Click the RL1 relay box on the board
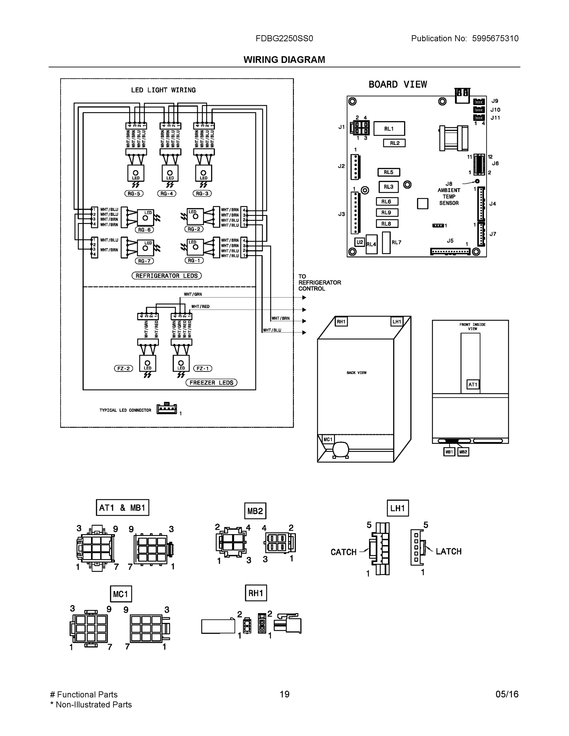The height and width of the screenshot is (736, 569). (389, 129)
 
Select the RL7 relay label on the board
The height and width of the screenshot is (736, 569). (396, 242)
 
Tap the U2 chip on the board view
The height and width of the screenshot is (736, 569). (360, 242)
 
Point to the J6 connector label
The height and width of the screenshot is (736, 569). (495, 163)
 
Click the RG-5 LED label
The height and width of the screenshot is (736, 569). (134, 194)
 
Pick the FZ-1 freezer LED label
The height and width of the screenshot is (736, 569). (202, 368)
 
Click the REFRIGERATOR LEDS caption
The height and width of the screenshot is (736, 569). (167, 276)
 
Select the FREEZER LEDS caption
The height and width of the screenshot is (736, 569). (211, 382)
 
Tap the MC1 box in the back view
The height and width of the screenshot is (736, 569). (328, 439)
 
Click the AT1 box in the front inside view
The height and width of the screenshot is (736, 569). (473, 385)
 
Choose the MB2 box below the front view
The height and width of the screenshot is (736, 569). (463, 452)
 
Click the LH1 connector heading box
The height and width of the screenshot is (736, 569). (398, 508)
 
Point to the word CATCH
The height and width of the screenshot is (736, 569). (343, 552)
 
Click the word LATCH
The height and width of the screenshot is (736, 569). (448, 552)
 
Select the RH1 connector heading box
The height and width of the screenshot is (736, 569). (256, 593)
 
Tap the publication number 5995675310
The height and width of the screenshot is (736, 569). (495, 38)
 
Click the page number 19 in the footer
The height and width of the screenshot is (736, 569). (285, 694)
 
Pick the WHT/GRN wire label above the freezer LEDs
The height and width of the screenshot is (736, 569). (193, 294)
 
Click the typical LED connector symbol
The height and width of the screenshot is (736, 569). (167, 409)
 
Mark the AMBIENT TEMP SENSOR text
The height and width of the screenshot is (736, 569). (449, 197)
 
